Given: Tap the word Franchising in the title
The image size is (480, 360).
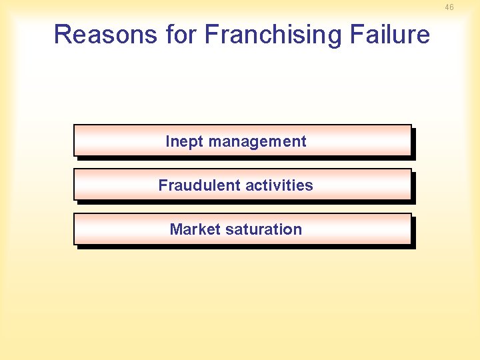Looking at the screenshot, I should click(x=269, y=35).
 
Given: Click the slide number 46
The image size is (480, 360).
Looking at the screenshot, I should click(x=449, y=7).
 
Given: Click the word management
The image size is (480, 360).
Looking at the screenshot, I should click(x=257, y=141).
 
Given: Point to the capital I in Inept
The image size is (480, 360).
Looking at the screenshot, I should click(x=167, y=141).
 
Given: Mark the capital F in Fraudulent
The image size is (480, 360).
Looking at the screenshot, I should click(x=163, y=185).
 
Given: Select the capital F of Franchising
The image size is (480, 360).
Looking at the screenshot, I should click(x=211, y=35).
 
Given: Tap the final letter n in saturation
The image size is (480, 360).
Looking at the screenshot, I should click(x=298, y=230).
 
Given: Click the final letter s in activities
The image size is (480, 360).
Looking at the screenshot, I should click(x=309, y=186).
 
